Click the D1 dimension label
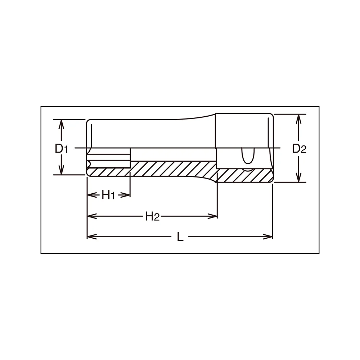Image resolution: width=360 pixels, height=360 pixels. click(61, 149)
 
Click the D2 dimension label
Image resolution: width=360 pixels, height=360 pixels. click(299, 149)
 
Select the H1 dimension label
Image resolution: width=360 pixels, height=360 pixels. click(108, 195)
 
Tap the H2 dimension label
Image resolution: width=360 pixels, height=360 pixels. click(152, 216)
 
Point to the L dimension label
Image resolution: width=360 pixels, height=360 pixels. click(180, 237)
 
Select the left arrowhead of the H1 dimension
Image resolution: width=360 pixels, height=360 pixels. click(92, 195)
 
